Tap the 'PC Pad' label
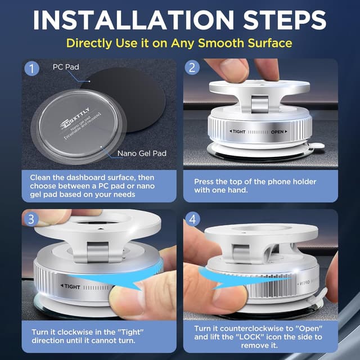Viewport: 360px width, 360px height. (65, 67)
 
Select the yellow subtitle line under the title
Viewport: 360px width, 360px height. (179, 43)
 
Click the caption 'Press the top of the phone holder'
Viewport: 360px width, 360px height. (255, 182)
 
